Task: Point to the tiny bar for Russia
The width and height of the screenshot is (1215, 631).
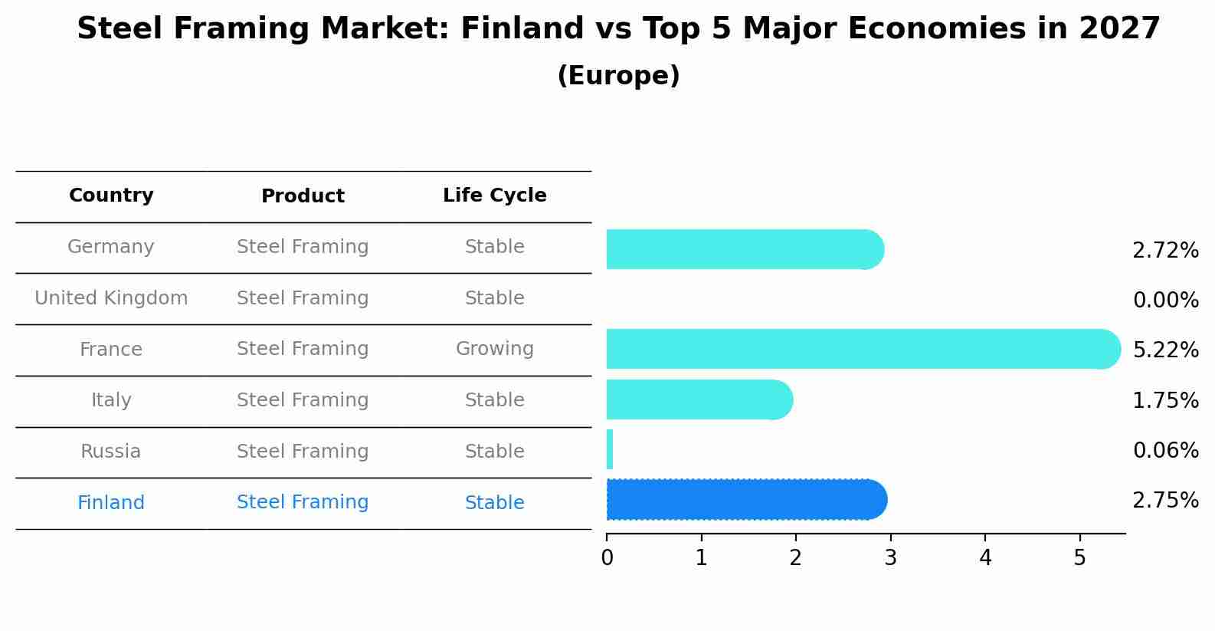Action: pos(610,449)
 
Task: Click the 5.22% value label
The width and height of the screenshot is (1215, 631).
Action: pos(1165,350)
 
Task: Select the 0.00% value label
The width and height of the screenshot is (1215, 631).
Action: pos(1165,301)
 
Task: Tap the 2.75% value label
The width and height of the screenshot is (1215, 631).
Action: pos(1165,501)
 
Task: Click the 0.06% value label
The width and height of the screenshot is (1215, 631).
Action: pos(1165,451)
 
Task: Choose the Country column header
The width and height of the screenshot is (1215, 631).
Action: pos(111,196)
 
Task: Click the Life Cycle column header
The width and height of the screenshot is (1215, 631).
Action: pos(494,196)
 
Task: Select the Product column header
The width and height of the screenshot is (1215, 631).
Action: pos(303,196)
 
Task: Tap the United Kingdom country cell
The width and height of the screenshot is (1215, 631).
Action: pos(111,298)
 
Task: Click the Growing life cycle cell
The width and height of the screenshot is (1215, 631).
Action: pos(494,349)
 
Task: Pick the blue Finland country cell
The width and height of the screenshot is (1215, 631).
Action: pos(111,503)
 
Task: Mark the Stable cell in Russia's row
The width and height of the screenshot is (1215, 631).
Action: pos(494,452)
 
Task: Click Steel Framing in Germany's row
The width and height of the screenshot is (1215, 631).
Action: pos(303,247)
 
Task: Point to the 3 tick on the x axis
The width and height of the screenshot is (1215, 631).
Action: pos(890,557)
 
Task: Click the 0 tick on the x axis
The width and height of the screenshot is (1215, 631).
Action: pos(607,557)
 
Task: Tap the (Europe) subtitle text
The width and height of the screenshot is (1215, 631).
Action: pos(618,76)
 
